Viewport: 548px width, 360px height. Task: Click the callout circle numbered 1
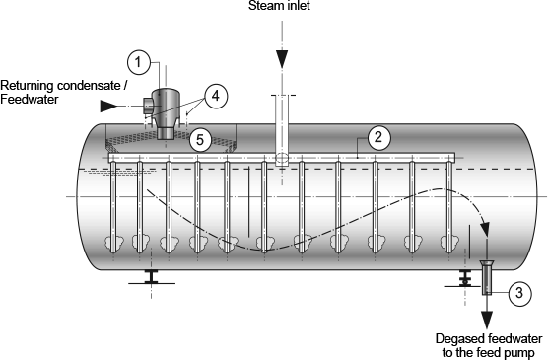click(138, 62)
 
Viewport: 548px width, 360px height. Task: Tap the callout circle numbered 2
click(378, 137)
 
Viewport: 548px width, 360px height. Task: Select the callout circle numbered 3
click(520, 293)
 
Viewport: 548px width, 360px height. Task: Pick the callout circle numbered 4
click(216, 96)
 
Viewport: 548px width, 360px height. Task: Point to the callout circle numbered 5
click(200, 140)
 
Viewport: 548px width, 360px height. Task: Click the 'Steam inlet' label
click(279, 6)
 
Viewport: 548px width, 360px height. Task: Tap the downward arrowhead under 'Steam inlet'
click(282, 59)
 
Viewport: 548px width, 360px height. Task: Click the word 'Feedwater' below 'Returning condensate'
click(30, 100)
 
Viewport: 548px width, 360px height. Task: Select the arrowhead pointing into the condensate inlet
click(108, 106)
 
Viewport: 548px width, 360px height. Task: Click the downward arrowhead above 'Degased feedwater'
click(487, 321)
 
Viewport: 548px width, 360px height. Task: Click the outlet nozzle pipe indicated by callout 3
click(487, 278)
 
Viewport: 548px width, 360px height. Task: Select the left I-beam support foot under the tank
click(152, 277)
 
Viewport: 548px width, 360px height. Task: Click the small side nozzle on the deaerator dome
click(147, 106)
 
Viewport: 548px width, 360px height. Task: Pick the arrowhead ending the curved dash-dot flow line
click(485, 229)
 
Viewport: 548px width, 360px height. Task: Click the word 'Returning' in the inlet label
click(27, 86)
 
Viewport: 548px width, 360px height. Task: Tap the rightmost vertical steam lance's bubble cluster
click(449, 242)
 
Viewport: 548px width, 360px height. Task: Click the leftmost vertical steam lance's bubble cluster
click(114, 242)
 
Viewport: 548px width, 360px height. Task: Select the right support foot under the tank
click(464, 280)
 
